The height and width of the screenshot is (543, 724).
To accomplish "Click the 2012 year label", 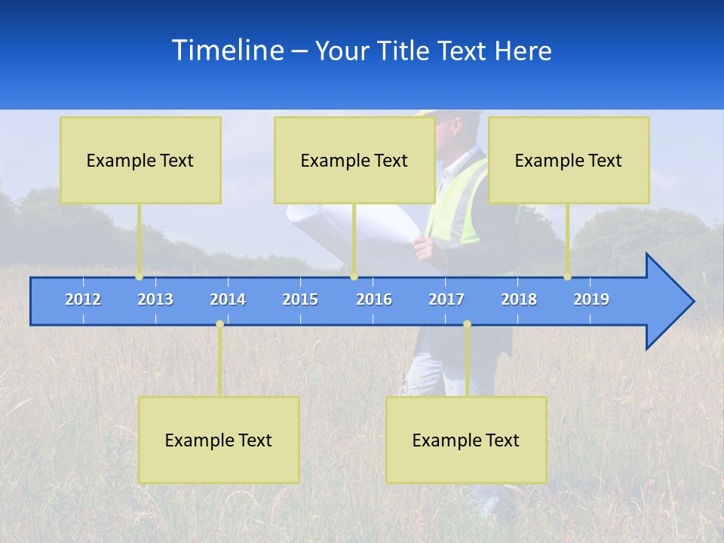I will tap(83, 299).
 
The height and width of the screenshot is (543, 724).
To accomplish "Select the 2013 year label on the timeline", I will tap(155, 299).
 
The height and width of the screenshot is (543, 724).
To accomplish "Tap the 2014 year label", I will tap(228, 299).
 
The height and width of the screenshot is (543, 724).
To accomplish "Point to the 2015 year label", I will tap(300, 299).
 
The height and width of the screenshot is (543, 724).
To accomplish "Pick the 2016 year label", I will tap(374, 299).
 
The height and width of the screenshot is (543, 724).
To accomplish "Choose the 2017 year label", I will tap(446, 299).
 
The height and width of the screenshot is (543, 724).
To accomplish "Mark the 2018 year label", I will tap(519, 299).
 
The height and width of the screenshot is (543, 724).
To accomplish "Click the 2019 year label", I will tap(591, 299).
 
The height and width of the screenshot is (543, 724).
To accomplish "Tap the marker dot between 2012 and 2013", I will tap(139, 277).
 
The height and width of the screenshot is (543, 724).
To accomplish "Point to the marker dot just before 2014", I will tap(219, 324).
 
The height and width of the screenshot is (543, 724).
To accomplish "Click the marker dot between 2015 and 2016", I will tap(354, 277).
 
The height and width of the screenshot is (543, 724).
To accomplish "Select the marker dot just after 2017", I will tap(467, 324).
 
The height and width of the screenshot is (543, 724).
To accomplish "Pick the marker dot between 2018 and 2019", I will tap(567, 277).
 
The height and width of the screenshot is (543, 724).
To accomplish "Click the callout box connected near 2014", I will tap(219, 440).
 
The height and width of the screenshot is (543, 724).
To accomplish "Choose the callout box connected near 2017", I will tap(466, 440).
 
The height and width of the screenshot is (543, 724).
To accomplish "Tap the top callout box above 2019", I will tap(569, 160).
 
